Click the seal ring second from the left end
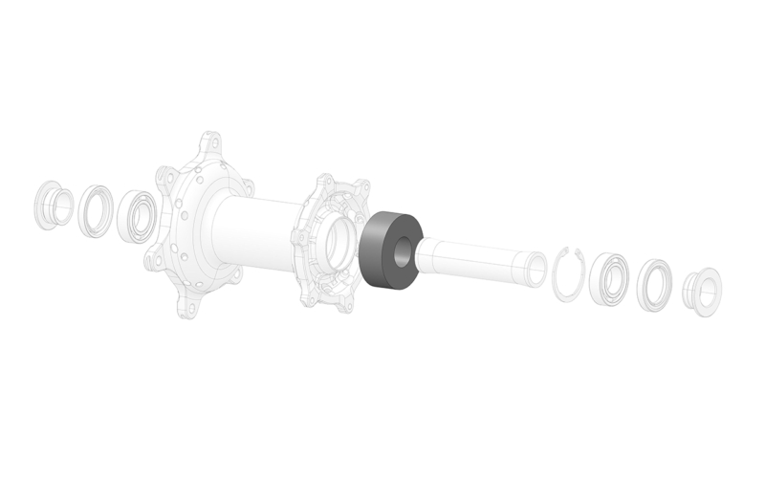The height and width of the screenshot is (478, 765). coord(94,208)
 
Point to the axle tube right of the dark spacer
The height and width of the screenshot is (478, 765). coord(478,258)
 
